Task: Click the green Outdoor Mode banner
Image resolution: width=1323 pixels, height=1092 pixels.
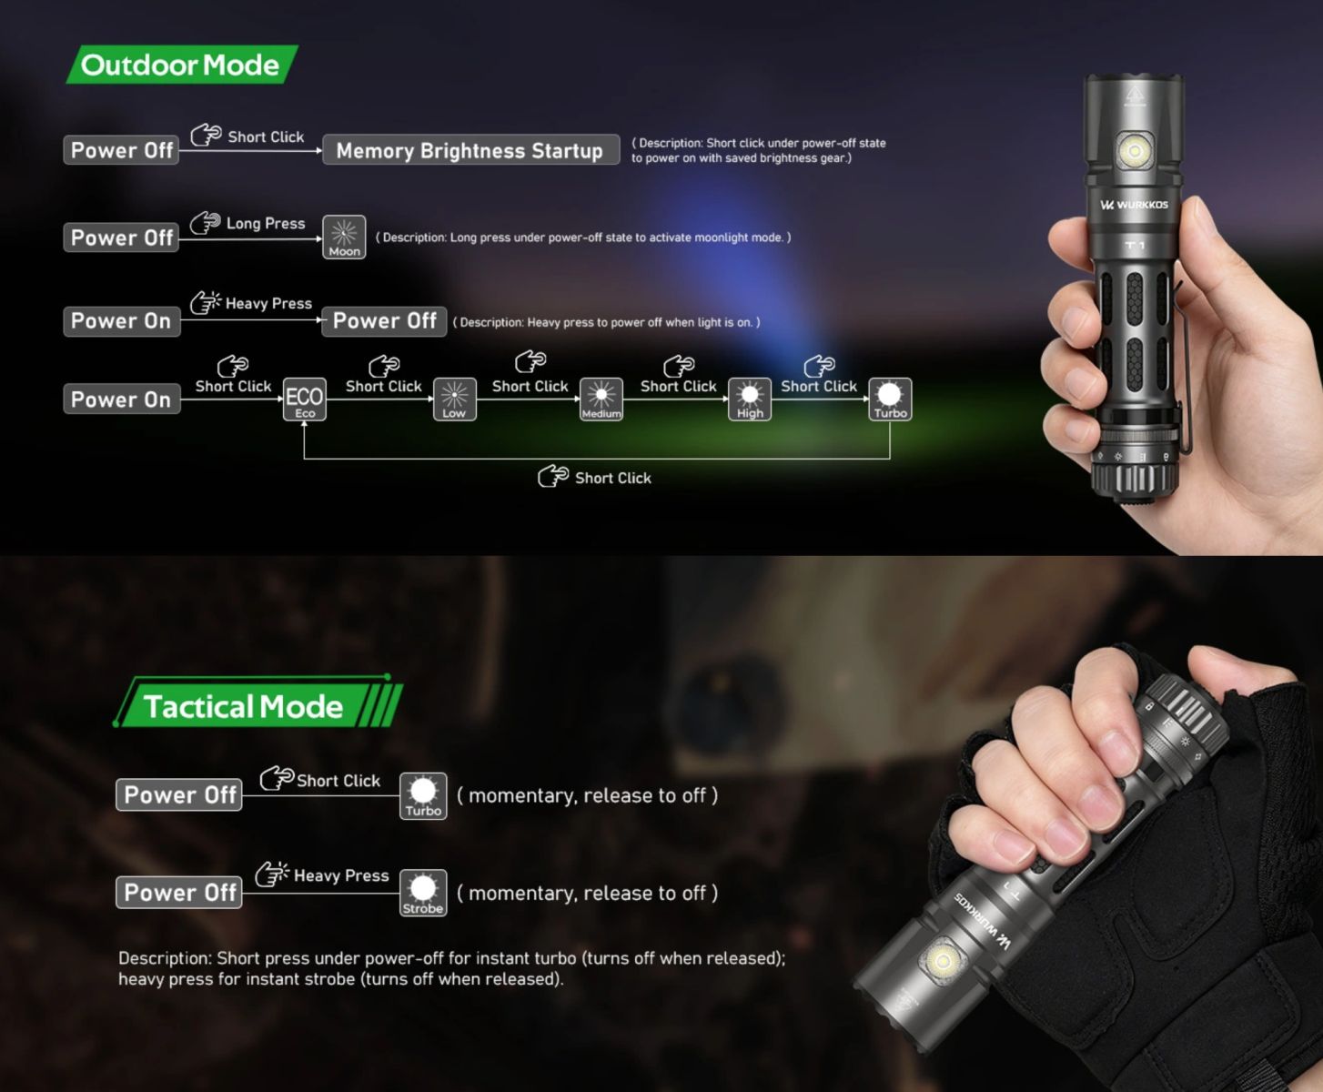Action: [183, 64]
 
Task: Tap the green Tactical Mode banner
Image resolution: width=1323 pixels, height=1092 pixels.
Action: [258, 703]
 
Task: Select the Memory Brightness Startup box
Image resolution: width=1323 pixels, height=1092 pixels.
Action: [470, 150]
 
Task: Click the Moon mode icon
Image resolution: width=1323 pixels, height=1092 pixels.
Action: [344, 237]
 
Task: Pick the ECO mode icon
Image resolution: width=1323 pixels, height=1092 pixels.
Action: [305, 399]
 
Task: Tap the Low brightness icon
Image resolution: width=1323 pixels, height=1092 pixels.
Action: [454, 399]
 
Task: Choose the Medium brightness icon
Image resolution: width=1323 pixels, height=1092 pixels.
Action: [601, 399]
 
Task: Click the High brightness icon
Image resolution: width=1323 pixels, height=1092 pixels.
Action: [750, 399]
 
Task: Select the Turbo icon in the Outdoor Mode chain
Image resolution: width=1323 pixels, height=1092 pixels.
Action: [890, 399]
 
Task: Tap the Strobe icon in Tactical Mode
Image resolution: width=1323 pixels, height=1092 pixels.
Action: [423, 893]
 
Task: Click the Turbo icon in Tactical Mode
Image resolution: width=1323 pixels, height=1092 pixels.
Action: [423, 795]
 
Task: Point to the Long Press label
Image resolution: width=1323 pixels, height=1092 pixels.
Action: [266, 223]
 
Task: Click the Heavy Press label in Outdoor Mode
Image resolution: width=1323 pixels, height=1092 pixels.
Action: [268, 304]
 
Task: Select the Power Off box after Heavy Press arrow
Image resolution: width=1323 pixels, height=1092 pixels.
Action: [384, 320]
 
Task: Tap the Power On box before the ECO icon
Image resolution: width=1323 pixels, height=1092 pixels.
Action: [122, 399]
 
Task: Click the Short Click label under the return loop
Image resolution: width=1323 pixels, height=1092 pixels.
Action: [612, 478]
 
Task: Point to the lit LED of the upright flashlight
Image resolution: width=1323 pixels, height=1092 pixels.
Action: [1134, 151]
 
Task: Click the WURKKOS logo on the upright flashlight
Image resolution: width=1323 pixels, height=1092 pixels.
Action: [1134, 205]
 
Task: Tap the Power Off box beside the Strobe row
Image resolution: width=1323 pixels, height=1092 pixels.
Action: [179, 893]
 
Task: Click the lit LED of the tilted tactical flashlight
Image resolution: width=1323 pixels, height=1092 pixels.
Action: [942, 959]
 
